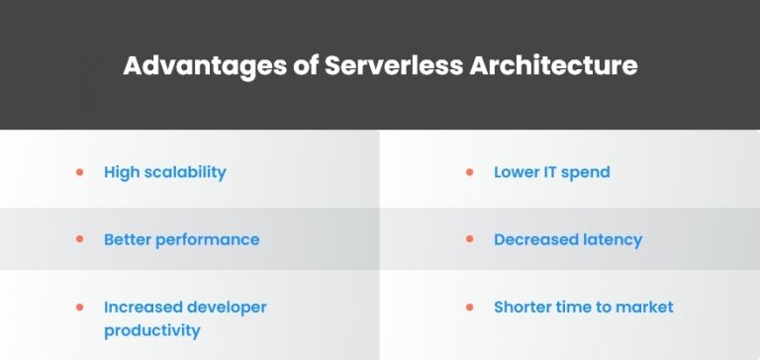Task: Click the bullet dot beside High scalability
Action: (x=80, y=172)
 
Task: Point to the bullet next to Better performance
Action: (x=80, y=239)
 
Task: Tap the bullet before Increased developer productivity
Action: (x=80, y=307)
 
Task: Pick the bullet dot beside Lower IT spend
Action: (x=470, y=172)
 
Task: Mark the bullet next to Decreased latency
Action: (x=470, y=239)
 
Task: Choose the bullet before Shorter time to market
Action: (x=470, y=307)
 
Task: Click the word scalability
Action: (x=184, y=172)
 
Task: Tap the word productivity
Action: (x=151, y=330)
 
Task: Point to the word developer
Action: (x=225, y=307)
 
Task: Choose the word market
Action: (x=643, y=307)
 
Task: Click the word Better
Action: (x=128, y=239)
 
